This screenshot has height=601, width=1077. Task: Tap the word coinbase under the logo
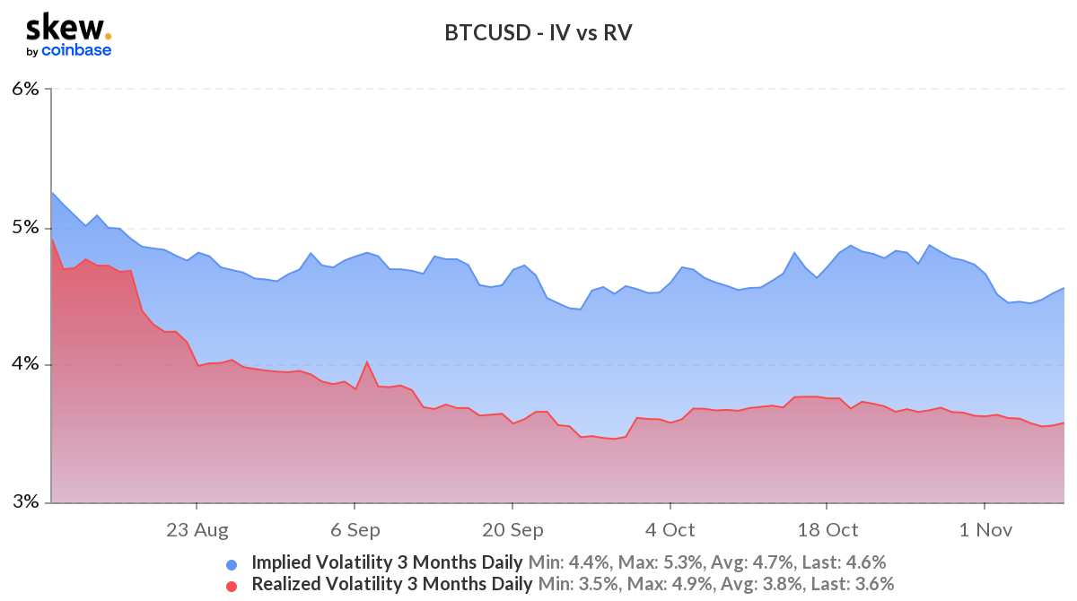[76, 50]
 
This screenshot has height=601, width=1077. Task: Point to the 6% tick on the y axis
[25, 89]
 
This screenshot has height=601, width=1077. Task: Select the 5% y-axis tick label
[25, 227]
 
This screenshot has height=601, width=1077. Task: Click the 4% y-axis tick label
[25, 364]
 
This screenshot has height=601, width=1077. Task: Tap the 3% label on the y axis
[25, 501]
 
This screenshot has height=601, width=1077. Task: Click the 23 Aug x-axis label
[197, 530]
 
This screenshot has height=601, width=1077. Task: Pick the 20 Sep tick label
[512, 530]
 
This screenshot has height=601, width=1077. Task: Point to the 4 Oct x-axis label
[670, 530]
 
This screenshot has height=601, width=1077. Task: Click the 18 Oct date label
[827, 530]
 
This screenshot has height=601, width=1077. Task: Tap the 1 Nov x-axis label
[985, 530]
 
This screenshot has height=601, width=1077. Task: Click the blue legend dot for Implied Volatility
[232, 564]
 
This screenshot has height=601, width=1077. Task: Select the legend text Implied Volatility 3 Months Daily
[387, 563]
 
